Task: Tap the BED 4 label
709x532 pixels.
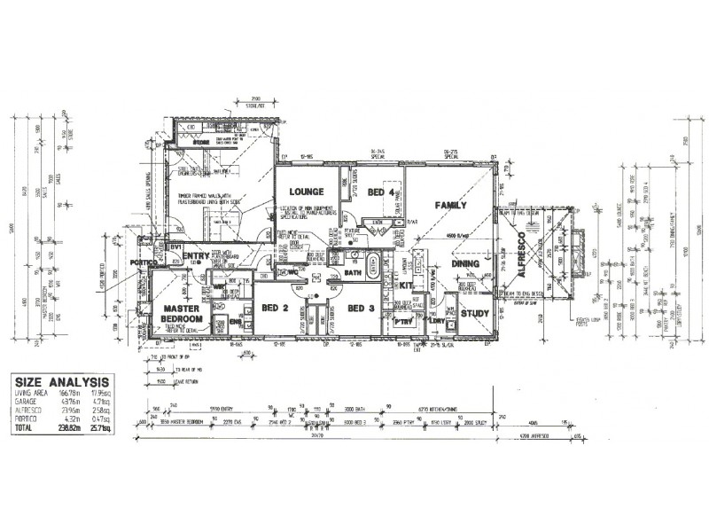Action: (x=381, y=192)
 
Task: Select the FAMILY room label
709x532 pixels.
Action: (x=450, y=205)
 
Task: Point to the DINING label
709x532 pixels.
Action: (x=466, y=263)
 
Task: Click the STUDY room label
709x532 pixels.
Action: (x=475, y=313)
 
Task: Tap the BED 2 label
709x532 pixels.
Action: (x=276, y=308)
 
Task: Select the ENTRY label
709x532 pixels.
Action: (x=196, y=257)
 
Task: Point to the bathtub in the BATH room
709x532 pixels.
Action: (x=372, y=263)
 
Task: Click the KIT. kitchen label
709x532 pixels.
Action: (x=407, y=286)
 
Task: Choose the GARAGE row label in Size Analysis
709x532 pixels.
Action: (x=27, y=401)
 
